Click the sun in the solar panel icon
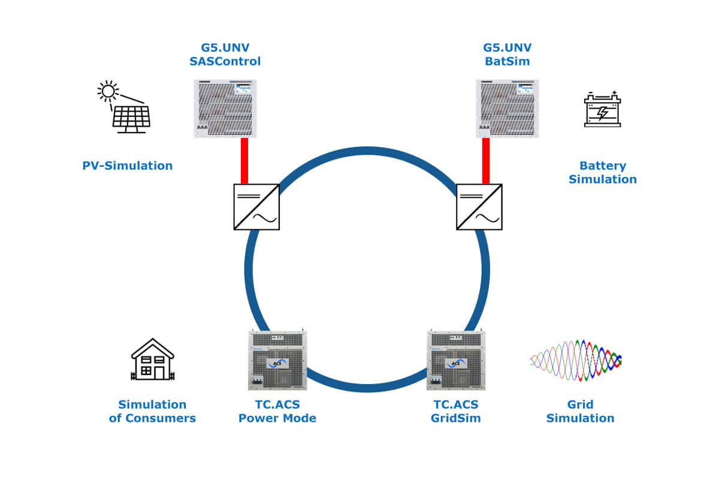(108, 91)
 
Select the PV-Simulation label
(128, 166)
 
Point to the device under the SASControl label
(225, 109)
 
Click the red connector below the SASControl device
(244, 161)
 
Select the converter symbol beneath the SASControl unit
(256, 207)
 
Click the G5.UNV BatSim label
(507, 54)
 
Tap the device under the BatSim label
(507, 109)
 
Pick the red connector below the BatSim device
(486, 161)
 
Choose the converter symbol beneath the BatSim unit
(479, 207)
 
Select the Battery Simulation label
(603, 172)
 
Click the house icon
(152, 359)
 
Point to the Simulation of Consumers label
(152, 411)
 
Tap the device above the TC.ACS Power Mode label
(277, 360)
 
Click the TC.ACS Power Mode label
(277, 411)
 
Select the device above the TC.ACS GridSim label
(456, 360)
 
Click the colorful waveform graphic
(576, 360)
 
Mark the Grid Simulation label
(580, 411)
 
